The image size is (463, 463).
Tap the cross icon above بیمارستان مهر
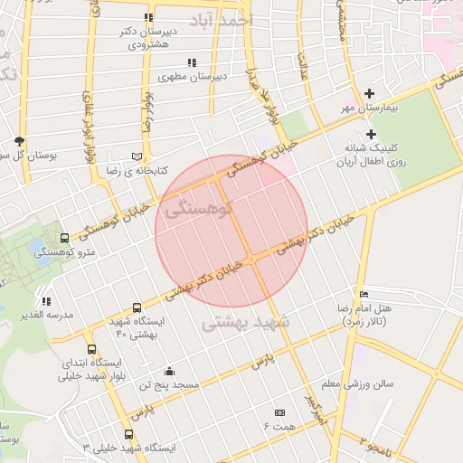click(369, 93)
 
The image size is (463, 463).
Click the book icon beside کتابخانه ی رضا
click(137, 156)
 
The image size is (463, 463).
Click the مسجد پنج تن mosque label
click(168, 384)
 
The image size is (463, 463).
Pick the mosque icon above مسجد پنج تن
click(168, 370)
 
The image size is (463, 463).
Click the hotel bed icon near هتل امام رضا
click(364, 295)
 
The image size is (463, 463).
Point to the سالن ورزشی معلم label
click(358, 383)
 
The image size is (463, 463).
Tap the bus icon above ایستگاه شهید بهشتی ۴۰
click(136, 307)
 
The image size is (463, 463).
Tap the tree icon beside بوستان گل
click(18, 141)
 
